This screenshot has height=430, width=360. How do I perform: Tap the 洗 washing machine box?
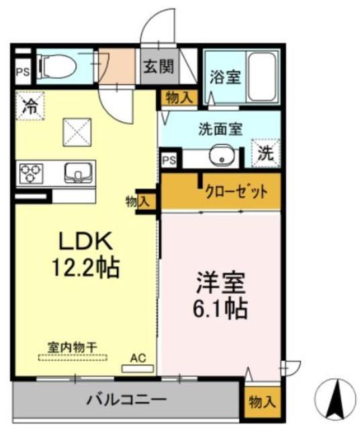pos(264,152)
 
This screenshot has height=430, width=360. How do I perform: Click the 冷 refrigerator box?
pos(28,105)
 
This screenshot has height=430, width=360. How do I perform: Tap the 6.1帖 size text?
pos(219,308)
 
